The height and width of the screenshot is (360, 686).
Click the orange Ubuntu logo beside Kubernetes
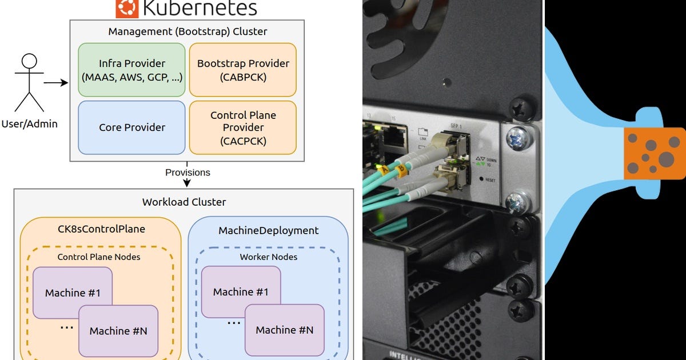click(x=127, y=8)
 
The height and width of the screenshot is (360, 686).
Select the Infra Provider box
click(x=131, y=70)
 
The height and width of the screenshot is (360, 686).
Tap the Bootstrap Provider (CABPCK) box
click(x=243, y=70)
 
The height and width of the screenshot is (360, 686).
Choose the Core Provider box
click(x=131, y=127)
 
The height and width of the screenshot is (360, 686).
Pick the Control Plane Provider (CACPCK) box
click(x=243, y=127)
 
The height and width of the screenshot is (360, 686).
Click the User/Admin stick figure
click(x=29, y=83)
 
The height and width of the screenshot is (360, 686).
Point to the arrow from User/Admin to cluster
click(x=56, y=83)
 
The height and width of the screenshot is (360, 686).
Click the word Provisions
click(x=188, y=173)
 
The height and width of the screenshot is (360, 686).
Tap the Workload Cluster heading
click(x=184, y=202)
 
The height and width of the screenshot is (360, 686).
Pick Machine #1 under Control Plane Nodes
click(x=73, y=293)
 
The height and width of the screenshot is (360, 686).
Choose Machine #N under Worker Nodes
click(x=284, y=330)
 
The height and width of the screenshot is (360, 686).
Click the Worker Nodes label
click(x=268, y=257)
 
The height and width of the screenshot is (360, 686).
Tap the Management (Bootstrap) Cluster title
click(x=188, y=31)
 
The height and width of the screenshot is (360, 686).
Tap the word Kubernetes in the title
click(x=200, y=8)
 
